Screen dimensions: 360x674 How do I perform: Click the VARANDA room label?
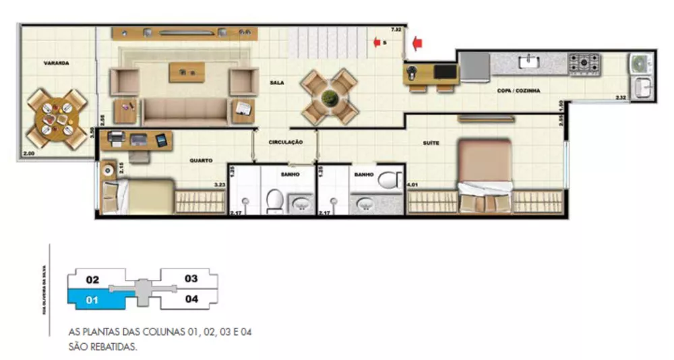57,63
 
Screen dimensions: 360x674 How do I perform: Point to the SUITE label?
431,143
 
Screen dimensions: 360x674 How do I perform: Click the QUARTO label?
201,160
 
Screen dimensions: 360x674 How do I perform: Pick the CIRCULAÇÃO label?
285,142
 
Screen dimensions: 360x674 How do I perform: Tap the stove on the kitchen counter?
584,63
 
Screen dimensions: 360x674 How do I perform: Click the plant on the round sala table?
329,97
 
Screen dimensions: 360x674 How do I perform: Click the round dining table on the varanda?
57,119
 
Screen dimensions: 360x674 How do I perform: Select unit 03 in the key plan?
191,278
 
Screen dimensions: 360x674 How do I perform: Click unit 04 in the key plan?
191,299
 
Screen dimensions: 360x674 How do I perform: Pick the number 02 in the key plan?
93,279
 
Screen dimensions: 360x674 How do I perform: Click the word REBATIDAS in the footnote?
116,348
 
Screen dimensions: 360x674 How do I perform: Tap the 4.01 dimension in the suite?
412,184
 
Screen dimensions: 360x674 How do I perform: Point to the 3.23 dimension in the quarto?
219,184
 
